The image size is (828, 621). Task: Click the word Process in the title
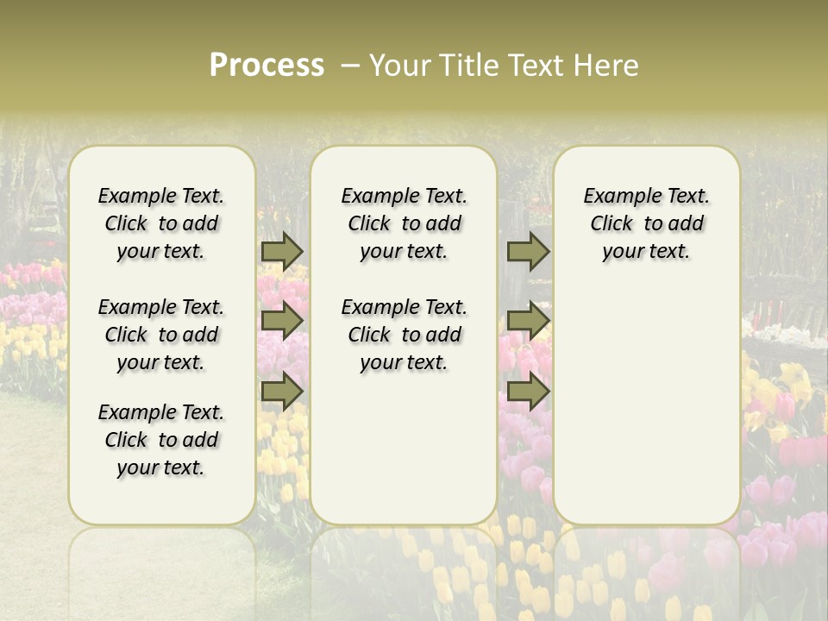click(267, 66)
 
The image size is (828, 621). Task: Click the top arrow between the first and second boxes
click(282, 251)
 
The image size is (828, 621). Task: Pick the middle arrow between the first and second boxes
click(282, 321)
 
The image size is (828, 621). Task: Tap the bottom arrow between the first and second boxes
click(282, 392)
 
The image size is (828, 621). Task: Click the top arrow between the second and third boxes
click(528, 251)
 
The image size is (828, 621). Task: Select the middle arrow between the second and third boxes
click(528, 321)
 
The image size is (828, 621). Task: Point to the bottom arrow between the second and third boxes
click(528, 392)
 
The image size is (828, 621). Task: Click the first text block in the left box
click(161, 223)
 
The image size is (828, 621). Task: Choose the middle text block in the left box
click(161, 335)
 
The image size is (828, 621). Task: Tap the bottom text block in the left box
click(161, 440)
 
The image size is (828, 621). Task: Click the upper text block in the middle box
click(404, 223)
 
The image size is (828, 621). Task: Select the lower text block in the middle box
click(404, 335)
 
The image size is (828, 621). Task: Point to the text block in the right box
click(646, 223)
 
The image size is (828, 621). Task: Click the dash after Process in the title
click(350, 66)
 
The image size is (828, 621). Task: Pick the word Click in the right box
click(612, 224)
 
